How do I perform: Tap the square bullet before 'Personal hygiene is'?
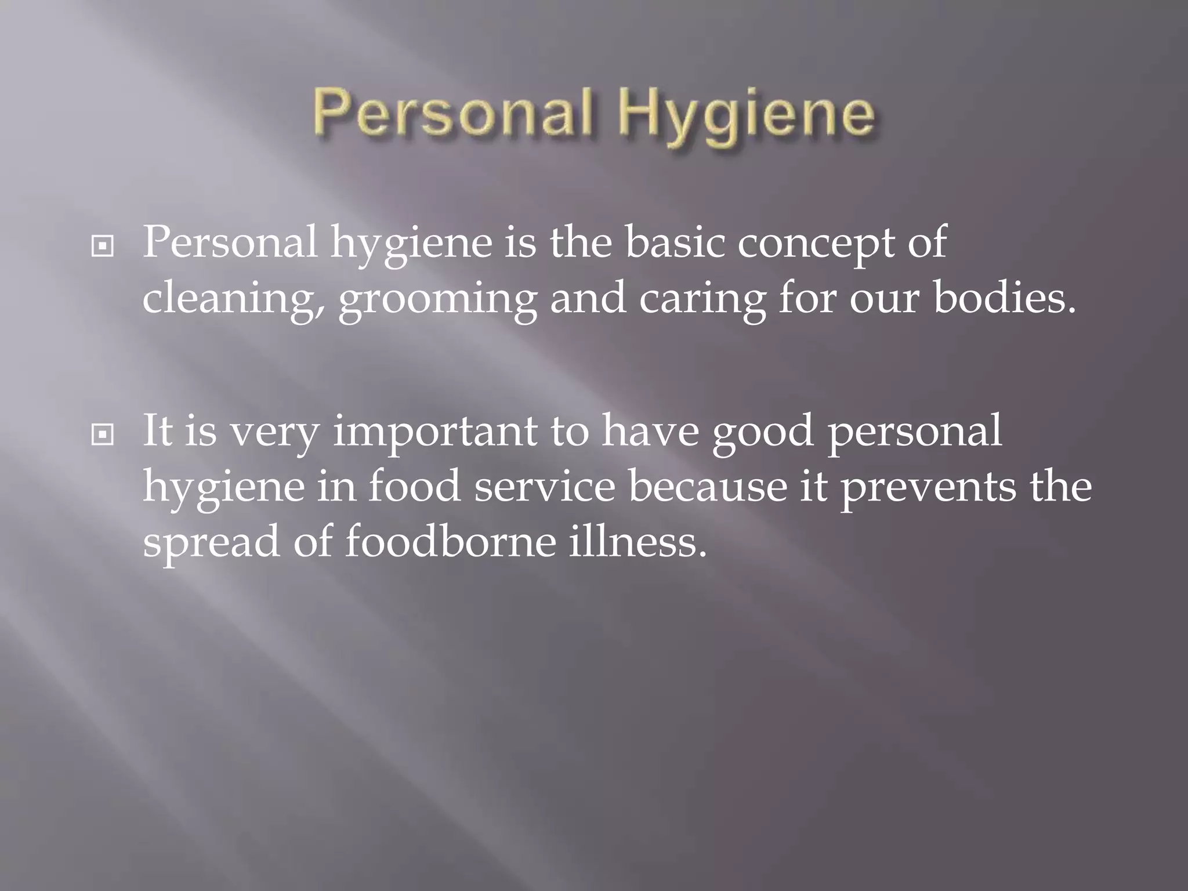tap(103, 247)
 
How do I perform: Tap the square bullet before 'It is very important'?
tap(103, 434)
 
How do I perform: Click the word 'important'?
tap(435, 433)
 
